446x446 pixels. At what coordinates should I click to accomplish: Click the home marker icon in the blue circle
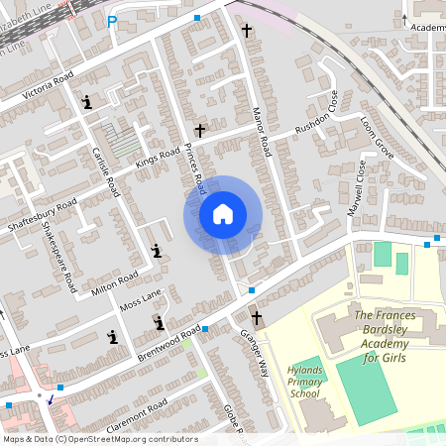222,214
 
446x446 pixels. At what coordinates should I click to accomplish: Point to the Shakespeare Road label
61,257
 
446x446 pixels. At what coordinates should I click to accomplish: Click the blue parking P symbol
112,22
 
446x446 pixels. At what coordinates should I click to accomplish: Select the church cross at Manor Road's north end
247,30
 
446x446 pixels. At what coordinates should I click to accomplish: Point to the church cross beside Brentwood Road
257,318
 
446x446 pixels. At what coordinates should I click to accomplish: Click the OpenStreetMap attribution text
99,438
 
